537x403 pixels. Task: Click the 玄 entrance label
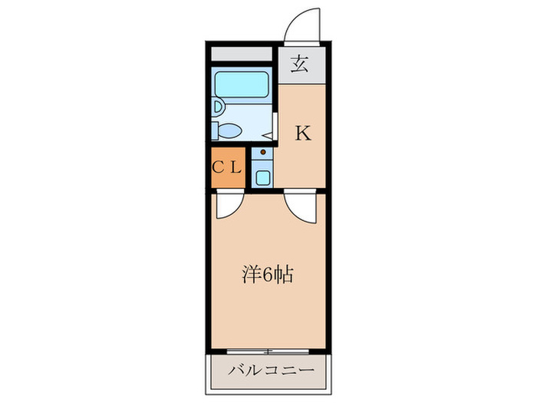click(301, 65)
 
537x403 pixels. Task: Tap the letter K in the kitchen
click(303, 134)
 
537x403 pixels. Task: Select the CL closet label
click(227, 167)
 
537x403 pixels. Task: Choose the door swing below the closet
click(228, 204)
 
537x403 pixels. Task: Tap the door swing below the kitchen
click(299, 206)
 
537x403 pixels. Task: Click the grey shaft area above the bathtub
click(242, 55)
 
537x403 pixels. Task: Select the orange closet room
click(227, 167)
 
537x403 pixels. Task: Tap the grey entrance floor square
click(301, 65)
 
